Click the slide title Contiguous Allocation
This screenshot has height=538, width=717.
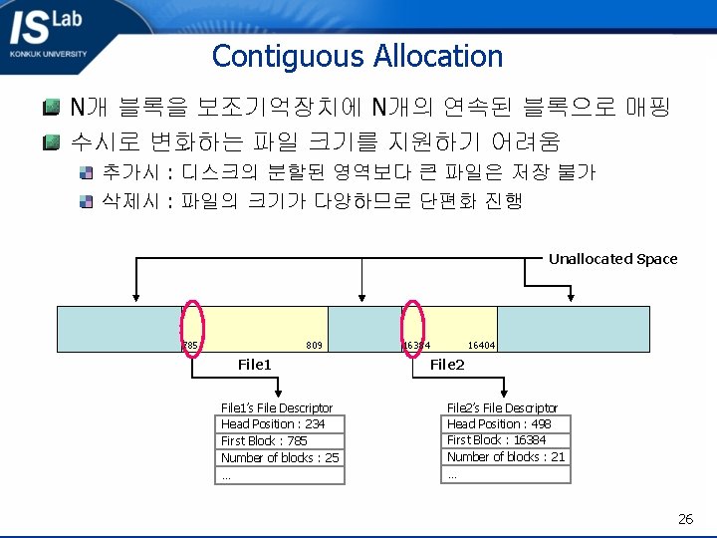tap(358, 56)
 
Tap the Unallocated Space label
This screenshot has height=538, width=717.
tap(612, 259)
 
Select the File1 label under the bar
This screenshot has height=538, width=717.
tap(255, 365)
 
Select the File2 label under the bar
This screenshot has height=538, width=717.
tap(447, 365)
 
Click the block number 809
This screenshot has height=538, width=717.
tap(314, 346)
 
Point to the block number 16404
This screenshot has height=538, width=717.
tap(481, 346)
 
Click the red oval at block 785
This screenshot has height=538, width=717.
tap(192, 328)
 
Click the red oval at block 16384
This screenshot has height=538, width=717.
tap(413, 328)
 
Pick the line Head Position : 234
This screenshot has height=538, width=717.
tap(272, 424)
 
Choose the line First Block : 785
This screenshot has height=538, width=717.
tap(264, 441)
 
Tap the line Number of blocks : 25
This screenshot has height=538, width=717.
tap(280, 458)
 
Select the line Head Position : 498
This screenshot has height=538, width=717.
tap(498, 424)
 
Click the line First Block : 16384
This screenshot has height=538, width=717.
tap(496, 440)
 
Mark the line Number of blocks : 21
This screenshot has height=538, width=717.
tap(506, 457)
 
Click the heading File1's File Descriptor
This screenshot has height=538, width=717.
tap(276, 407)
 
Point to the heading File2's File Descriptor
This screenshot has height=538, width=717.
tap(502, 407)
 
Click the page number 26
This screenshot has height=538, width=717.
tap(685, 518)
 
